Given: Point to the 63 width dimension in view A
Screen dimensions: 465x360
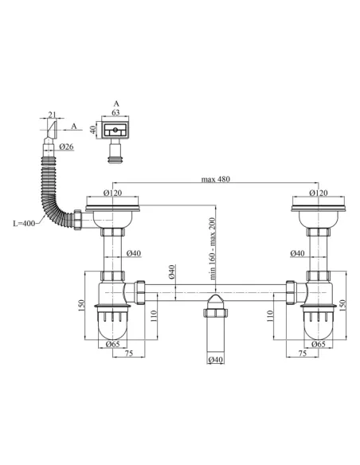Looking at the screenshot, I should click(116, 113).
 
